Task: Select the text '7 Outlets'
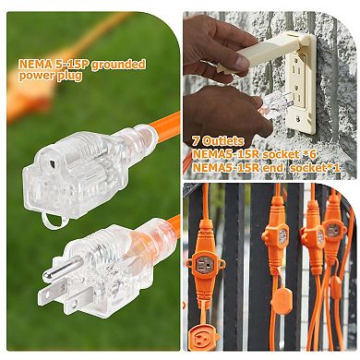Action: coord(218,141)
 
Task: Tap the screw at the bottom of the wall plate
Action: coord(297,117)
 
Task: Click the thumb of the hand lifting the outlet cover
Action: coord(237,61)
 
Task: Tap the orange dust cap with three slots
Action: coord(204,336)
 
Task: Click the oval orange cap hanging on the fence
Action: coord(281,299)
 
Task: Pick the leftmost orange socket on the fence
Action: coord(206,264)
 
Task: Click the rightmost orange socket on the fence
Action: coord(332,230)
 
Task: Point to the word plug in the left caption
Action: coord(70,76)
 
